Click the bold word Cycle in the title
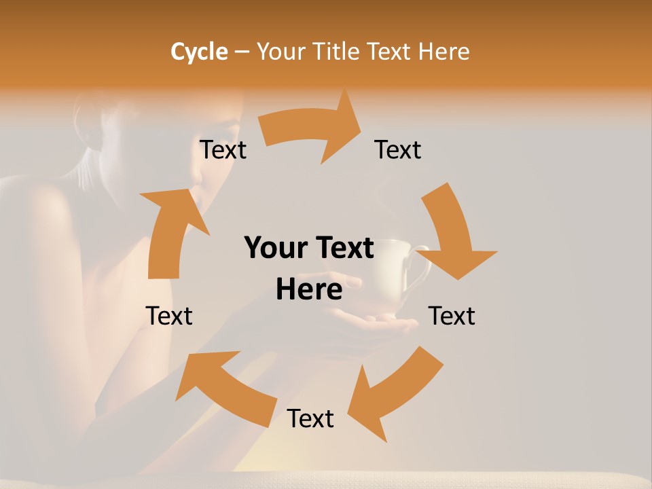coord(198,52)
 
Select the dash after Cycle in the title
coord(242,52)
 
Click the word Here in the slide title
coord(443,52)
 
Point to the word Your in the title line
coord(280,52)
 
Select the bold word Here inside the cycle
coord(309,290)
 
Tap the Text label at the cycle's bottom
coord(310,419)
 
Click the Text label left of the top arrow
coord(223,150)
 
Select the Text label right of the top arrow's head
coord(398,150)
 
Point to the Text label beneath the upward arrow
coord(169,316)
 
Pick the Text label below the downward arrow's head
coord(452,316)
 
